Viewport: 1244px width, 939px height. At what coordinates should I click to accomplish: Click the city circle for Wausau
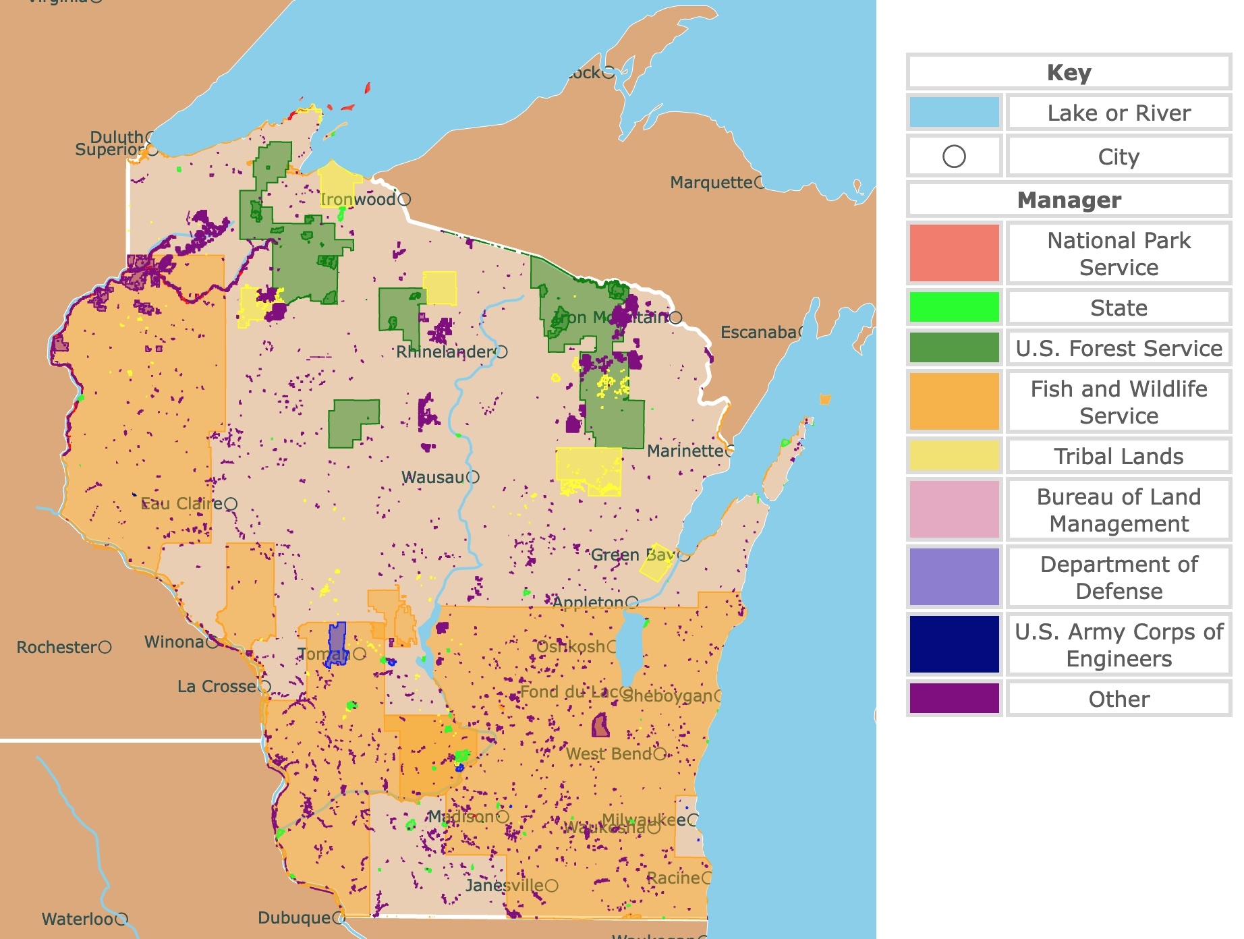coord(473,477)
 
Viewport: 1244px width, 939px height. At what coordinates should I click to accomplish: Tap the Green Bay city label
coord(633,555)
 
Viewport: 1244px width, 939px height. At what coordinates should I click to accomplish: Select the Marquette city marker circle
coord(760,182)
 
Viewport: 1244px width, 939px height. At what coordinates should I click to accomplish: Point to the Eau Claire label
coord(181,504)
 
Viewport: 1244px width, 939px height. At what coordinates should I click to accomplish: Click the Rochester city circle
coord(105,647)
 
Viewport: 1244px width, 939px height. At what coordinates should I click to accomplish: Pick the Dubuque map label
coord(294,918)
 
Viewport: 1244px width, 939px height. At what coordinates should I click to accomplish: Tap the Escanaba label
coord(758,332)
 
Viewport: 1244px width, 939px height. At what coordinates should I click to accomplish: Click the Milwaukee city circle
coord(693,820)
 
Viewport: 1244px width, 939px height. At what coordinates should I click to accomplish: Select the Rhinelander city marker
coord(501,351)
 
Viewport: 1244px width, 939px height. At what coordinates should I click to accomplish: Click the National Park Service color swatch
coord(954,253)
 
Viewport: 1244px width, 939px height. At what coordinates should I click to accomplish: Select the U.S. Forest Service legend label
coord(1119,348)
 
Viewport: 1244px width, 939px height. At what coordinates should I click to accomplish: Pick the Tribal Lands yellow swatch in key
coord(954,455)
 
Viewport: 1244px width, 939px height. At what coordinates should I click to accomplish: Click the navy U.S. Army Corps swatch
coord(954,644)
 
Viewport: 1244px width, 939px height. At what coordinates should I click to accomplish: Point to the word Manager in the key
coord(1069,200)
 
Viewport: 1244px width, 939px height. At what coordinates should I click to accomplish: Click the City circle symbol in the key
coord(954,156)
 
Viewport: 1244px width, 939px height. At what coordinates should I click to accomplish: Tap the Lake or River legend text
coord(1119,113)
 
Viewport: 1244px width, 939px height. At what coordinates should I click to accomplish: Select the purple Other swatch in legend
coord(954,698)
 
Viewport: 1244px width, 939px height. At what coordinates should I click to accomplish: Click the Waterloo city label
coord(77,919)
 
